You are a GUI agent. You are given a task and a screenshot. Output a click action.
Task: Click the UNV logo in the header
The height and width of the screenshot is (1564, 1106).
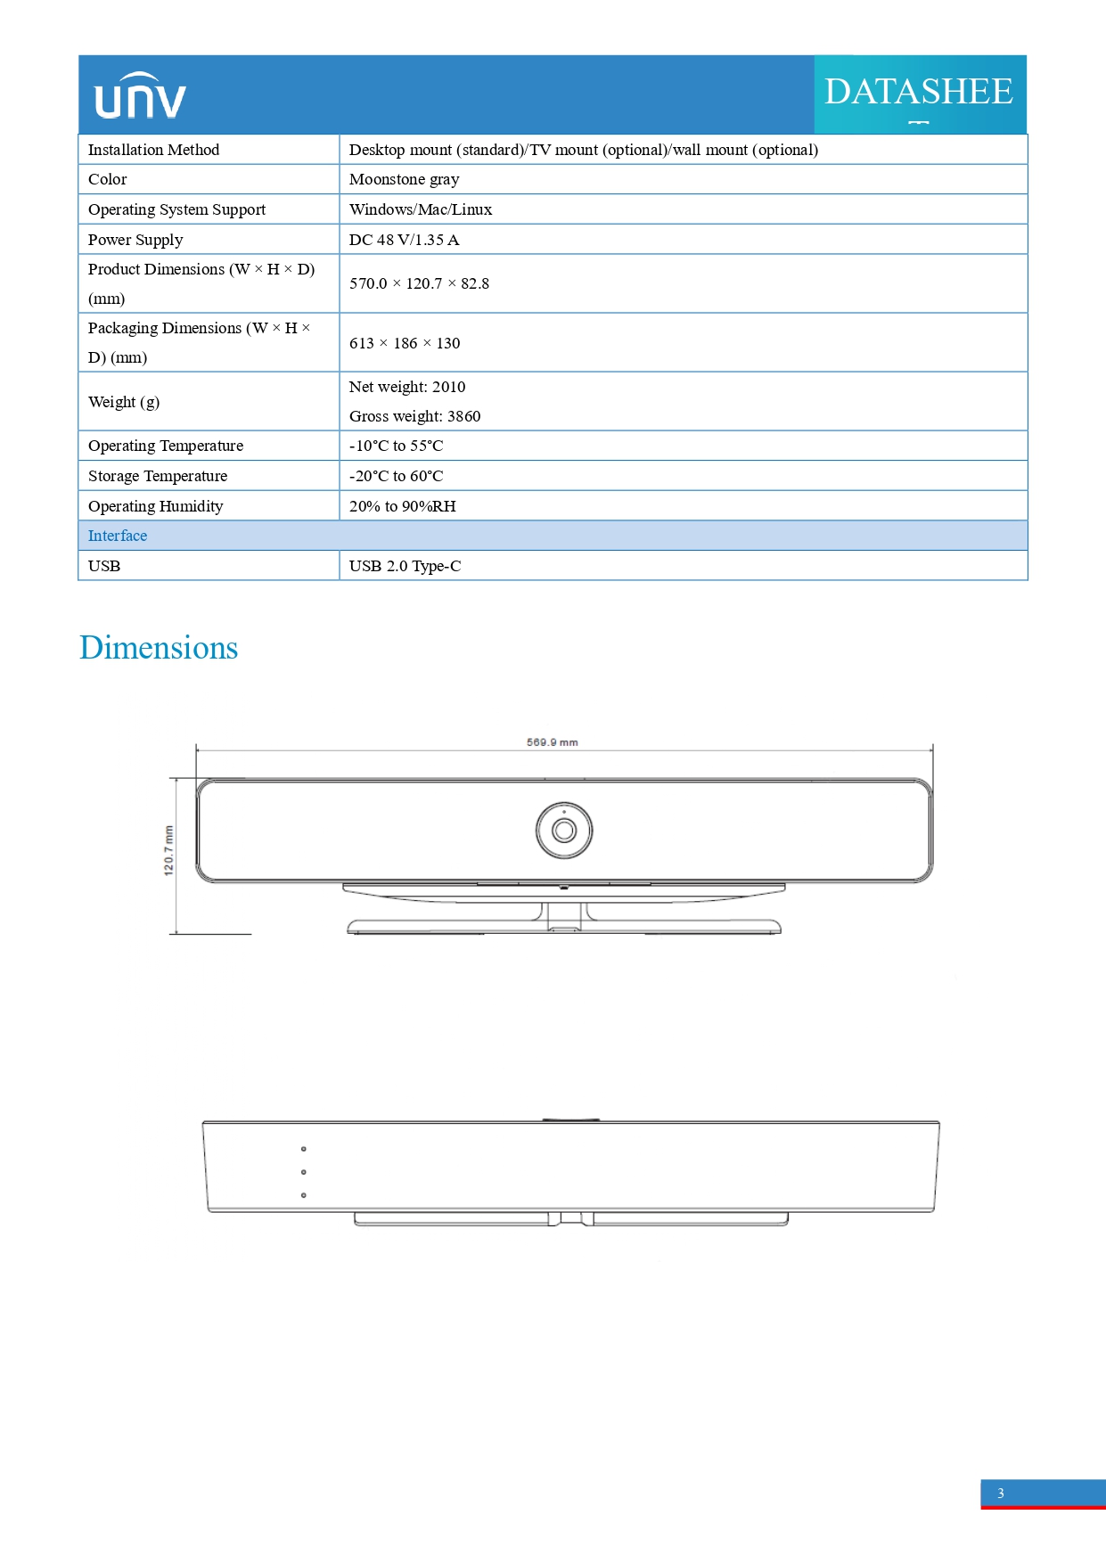(140, 96)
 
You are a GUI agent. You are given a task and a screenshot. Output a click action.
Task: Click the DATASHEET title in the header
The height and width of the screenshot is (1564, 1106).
(918, 93)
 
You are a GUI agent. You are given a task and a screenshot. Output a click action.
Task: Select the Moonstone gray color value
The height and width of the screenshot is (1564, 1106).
(405, 179)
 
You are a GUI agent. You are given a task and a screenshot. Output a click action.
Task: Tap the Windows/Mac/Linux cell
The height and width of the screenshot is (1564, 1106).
(421, 209)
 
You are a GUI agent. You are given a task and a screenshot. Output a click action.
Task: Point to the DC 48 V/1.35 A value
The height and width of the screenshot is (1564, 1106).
(405, 240)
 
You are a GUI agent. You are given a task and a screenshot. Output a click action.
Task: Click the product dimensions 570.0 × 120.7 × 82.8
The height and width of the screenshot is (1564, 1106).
(419, 283)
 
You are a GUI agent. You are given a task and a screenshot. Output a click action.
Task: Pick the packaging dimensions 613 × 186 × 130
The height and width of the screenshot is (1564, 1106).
(405, 343)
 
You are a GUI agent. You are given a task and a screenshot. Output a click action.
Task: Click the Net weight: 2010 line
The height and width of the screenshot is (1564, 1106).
(407, 387)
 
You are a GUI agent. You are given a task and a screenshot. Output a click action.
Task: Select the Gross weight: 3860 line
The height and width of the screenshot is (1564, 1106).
(414, 416)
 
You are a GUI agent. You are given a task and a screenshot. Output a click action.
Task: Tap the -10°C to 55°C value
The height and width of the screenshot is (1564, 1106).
(396, 446)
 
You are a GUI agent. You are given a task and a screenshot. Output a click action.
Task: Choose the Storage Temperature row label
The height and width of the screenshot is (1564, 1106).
(158, 476)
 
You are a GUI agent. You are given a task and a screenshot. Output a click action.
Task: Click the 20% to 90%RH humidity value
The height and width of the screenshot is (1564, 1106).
(402, 506)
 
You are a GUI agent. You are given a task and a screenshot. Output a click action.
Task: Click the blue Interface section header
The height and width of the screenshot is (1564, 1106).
(118, 536)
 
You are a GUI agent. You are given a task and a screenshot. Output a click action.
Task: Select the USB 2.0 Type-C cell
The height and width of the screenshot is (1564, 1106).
(405, 566)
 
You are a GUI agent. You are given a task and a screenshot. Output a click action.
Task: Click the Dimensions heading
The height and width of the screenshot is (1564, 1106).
(159, 648)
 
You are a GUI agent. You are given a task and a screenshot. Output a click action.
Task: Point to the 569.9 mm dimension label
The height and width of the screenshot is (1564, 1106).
(552, 742)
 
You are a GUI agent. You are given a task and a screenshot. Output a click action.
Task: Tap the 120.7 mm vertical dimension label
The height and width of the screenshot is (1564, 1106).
(169, 850)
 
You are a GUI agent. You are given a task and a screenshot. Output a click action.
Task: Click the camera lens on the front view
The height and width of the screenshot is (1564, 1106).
(563, 831)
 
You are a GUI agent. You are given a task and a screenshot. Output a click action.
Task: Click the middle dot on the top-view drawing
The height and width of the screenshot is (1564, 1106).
(304, 1172)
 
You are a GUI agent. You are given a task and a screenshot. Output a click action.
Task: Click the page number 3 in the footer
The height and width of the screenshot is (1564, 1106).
(1001, 1494)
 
